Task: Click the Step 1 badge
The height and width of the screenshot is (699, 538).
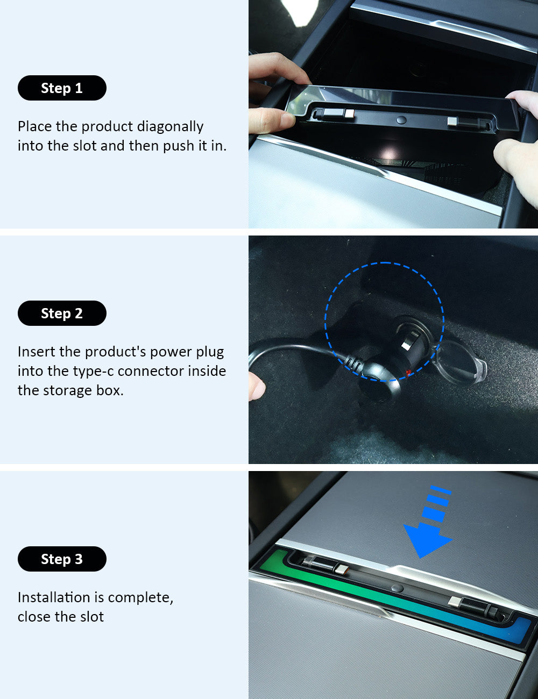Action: pos(62,88)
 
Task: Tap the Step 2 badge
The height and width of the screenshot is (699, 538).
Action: pos(62,313)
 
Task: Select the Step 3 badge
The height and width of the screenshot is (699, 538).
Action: pos(62,559)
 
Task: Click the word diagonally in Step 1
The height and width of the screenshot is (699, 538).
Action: pos(170,127)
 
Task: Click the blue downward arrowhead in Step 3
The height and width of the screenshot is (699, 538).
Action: pos(427,541)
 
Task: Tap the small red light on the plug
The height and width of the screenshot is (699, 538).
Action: pos(408,373)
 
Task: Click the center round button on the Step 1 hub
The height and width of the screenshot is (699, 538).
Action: pos(401,120)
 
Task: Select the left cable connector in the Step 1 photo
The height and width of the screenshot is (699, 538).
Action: pos(334,113)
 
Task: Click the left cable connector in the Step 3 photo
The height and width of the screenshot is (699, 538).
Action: pos(325,565)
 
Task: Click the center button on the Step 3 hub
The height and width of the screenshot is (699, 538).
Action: pos(397,588)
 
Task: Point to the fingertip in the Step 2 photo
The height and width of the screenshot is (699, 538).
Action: pos(257,386)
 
